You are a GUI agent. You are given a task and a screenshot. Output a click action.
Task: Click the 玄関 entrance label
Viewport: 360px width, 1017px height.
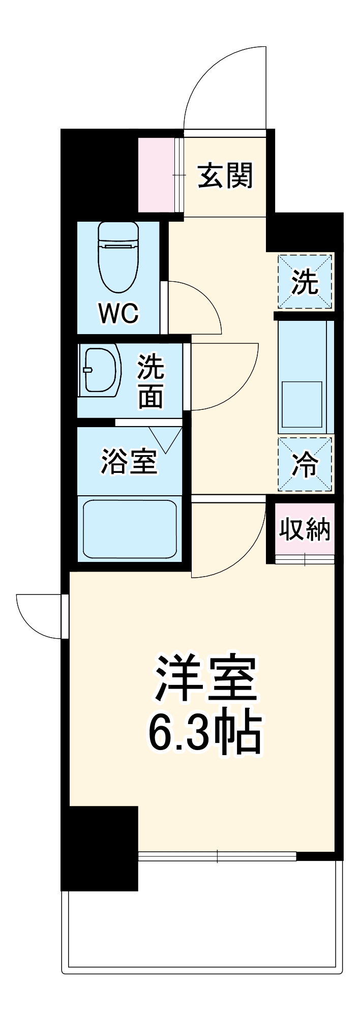225,176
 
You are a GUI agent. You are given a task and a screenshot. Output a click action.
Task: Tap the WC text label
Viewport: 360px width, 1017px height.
118,313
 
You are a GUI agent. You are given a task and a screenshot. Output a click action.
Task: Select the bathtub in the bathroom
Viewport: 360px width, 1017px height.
130,529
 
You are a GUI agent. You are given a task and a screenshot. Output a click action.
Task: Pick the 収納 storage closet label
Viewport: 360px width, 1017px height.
304,530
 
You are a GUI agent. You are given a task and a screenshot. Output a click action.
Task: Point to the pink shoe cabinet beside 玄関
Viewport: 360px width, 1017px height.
157,174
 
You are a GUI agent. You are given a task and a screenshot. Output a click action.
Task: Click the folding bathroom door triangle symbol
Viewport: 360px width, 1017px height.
165,439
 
